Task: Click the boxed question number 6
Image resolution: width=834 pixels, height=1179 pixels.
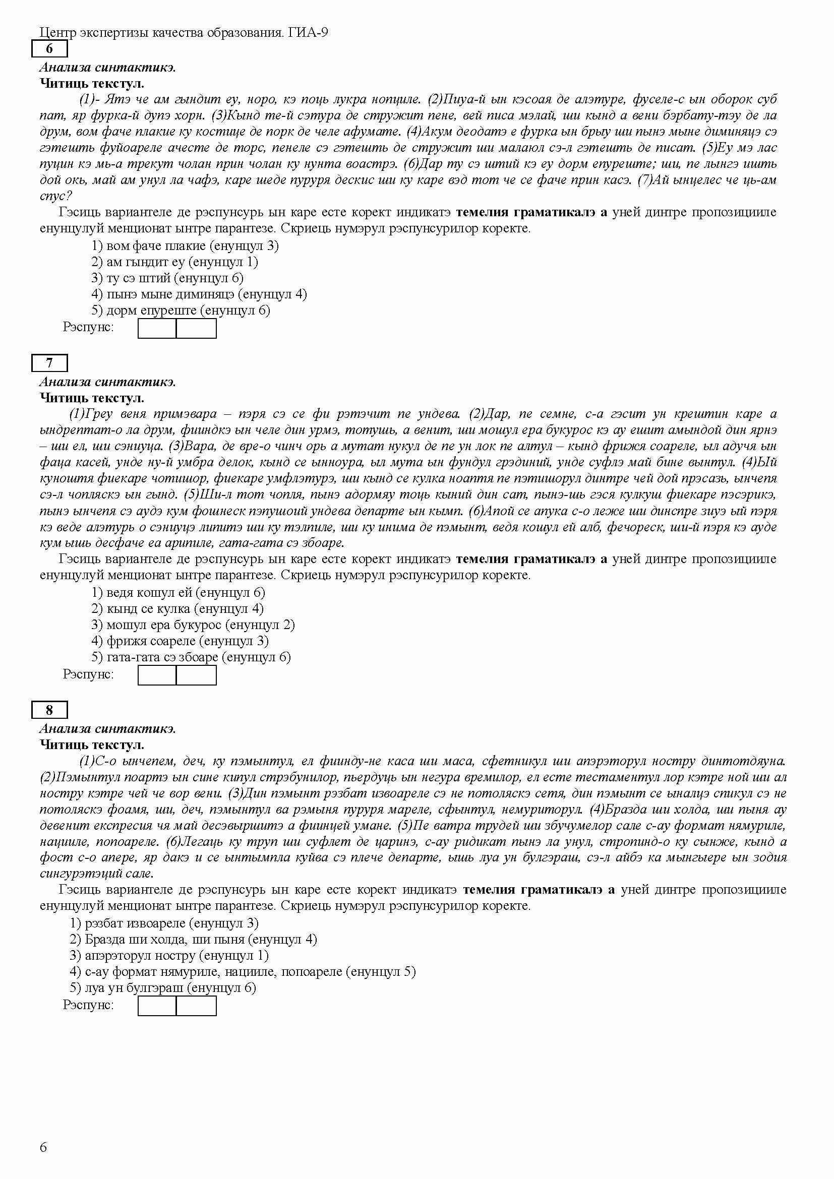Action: click(49, 49)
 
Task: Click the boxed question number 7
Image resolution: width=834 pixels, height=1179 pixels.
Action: click(49, 363)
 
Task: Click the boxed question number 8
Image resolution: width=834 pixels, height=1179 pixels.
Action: click(49, 710)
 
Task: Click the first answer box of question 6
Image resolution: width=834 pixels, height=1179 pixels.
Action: click(157, 329)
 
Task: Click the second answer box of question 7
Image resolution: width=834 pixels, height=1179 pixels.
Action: click(196, 675)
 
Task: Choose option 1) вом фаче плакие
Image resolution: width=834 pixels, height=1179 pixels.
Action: click(185, 245)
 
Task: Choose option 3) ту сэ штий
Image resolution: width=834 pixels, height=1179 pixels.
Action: click(167, 278)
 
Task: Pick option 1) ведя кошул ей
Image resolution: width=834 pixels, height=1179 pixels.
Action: click(178, 592)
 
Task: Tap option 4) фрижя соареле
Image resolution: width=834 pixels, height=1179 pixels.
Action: click(180, 640)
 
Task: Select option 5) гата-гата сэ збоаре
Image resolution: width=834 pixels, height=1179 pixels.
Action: click(191, 657)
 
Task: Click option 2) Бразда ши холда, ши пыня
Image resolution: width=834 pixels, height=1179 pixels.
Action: click(193, 939)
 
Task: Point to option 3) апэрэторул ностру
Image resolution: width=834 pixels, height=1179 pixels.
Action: click(169, 955)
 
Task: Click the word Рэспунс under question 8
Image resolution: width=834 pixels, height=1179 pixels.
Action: click(88, 1005)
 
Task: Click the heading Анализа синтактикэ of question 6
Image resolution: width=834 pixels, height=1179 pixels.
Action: click(107, 67)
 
